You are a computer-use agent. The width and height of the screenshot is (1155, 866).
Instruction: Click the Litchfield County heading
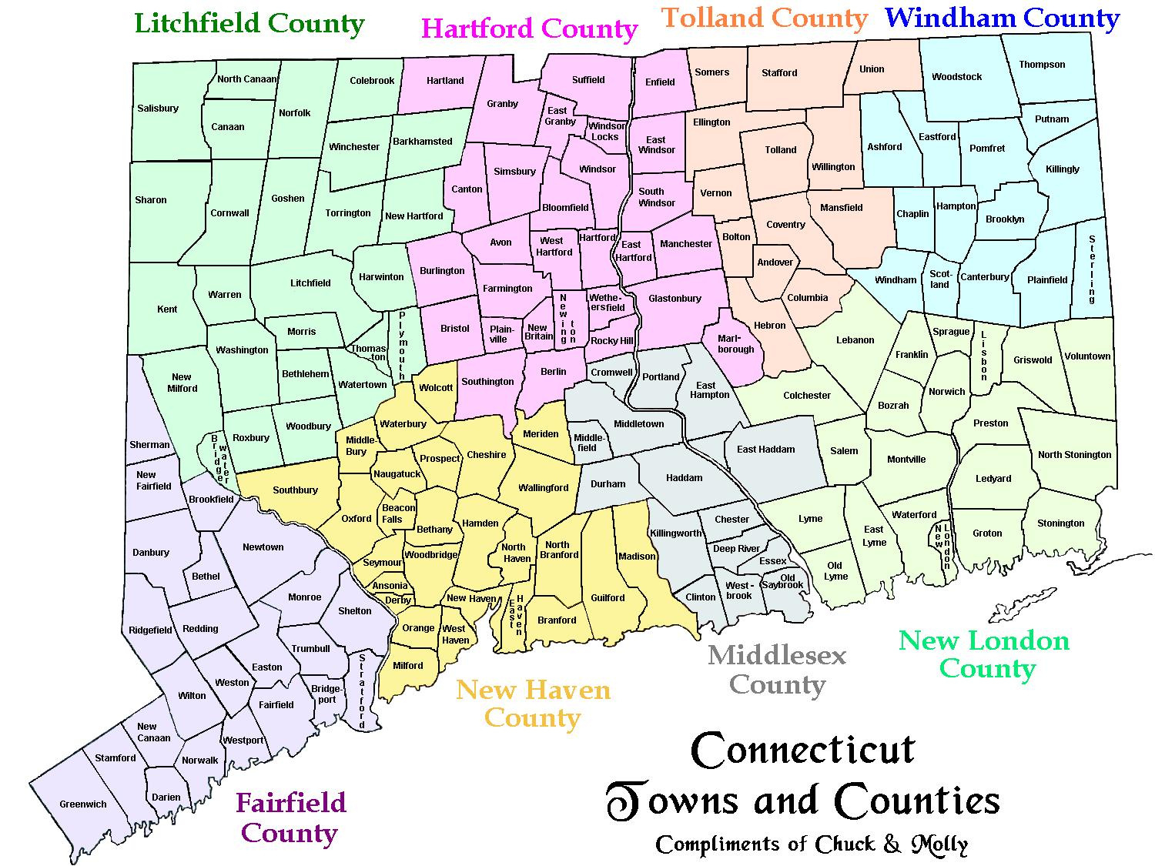pos(249,23)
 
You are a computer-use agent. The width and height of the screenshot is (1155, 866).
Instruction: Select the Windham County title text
pos(1003,18)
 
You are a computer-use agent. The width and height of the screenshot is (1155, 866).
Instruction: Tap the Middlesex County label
pos(777,670)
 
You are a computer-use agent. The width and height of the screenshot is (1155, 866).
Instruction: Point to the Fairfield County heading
pos(290,818)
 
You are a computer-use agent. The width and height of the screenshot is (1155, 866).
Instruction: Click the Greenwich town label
pos(83,804)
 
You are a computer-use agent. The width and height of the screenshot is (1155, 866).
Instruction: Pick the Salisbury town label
pos(158,109)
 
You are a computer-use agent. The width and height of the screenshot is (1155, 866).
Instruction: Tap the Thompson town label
pos(1042,65)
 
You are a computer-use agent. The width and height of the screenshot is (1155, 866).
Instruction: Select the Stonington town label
pos(1060,523)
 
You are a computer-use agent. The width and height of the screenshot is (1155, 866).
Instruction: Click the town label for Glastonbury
pos(675,299)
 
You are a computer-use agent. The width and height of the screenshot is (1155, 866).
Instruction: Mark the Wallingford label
pos(544,488)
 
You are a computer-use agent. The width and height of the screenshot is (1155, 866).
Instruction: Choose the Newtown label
pos(263,547)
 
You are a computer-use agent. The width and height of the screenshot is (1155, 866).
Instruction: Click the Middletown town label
pos(638,424)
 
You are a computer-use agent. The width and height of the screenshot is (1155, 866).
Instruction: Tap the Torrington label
pos(348,213)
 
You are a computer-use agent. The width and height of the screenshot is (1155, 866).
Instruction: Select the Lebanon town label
pos(855,340)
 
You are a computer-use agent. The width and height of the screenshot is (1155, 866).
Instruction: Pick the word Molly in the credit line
pos(939,844)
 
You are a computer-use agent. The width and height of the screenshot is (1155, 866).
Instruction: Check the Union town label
pos(872,69)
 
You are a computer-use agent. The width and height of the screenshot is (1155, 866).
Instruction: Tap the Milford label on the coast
pos(408,666)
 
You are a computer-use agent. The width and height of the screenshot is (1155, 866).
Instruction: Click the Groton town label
pos(987,533)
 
